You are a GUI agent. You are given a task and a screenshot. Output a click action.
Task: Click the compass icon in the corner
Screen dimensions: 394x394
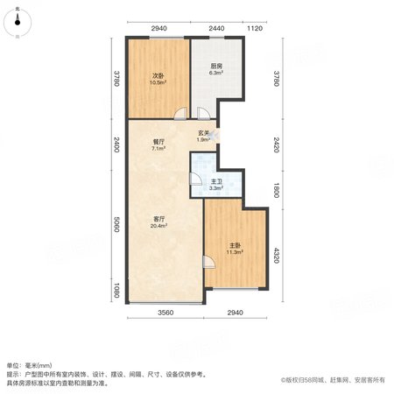(x=18, y=22)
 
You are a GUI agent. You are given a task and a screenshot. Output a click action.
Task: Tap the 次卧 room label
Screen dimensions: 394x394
(x=158, y=76)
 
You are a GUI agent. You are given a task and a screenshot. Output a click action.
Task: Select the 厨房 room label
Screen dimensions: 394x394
(x=216, y=67)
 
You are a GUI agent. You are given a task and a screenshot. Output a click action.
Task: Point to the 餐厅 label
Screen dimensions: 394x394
(x=158, y=142)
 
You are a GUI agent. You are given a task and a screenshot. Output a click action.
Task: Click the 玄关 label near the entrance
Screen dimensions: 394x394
(x=203, y=133)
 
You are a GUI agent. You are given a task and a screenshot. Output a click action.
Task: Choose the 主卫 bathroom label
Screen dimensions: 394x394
(x=216, y=181)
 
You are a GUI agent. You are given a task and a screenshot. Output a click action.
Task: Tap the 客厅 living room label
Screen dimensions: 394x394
(x=159, y=219)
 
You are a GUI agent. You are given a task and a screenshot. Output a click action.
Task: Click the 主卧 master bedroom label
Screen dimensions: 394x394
(x=235, y=245)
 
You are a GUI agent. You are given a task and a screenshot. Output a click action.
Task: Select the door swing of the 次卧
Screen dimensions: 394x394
(x=180, y=114)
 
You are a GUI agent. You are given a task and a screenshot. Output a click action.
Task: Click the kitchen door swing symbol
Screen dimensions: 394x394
(x=203, y=114)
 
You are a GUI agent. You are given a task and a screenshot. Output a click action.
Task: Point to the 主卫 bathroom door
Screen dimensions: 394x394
(x=195, y=179)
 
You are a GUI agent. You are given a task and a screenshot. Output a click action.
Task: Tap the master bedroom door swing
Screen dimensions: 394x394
(x=209, y=262)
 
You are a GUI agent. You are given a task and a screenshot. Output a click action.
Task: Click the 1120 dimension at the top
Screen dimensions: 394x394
(x=255, y=28)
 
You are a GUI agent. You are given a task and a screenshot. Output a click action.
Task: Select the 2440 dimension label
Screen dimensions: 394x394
(x=216, y=28)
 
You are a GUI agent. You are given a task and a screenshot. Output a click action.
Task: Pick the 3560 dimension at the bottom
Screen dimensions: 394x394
(x=165, y=313)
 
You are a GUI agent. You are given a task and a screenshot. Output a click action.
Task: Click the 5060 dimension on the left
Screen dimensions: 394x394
(x=116, y=224)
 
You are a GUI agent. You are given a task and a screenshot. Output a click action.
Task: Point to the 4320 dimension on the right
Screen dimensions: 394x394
(x=277, y=256)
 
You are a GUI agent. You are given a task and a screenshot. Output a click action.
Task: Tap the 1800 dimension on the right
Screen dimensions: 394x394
(x=277, y=190)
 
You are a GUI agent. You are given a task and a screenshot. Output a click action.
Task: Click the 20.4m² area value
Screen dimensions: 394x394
(x=158, y=226)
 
